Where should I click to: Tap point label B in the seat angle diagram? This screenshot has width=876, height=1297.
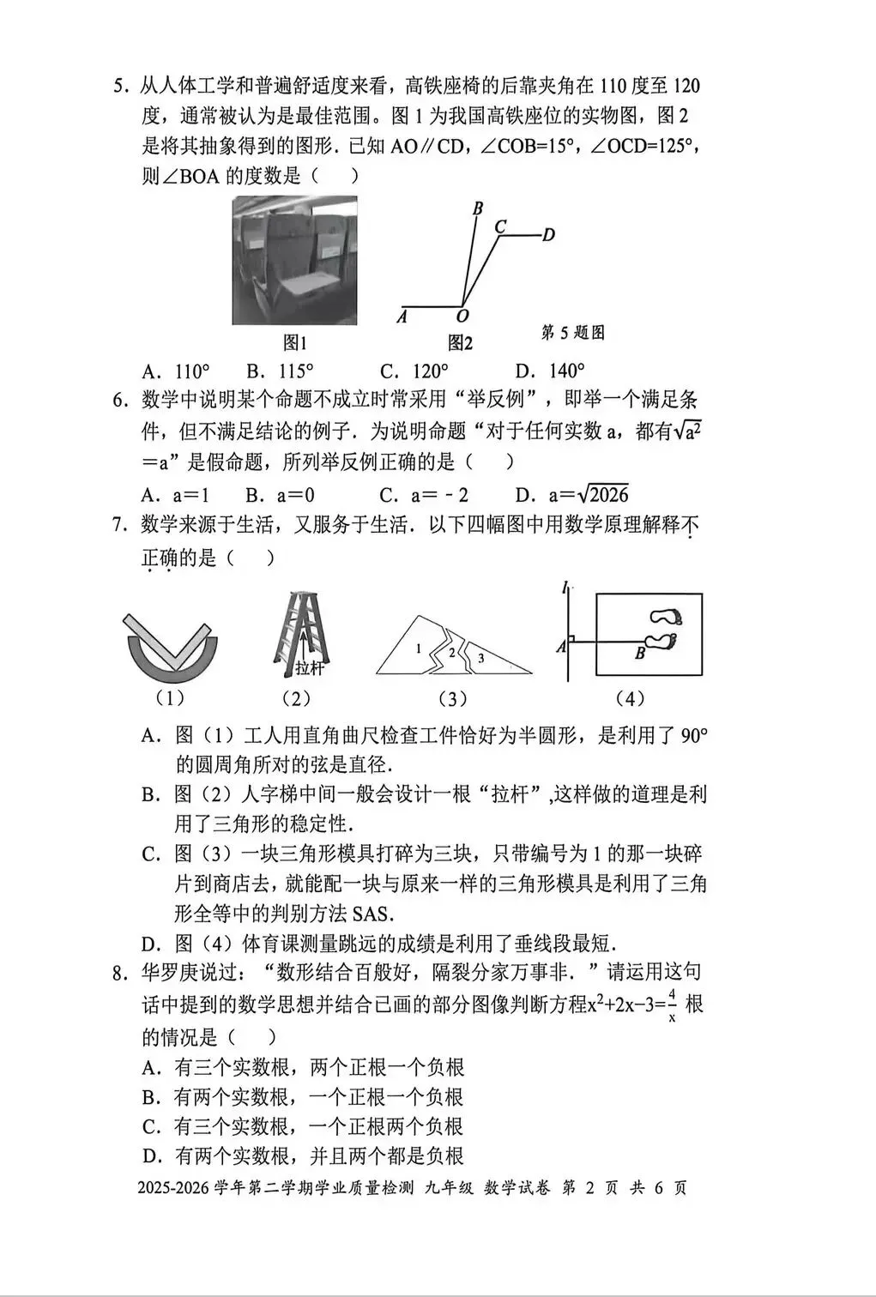coord(478,208)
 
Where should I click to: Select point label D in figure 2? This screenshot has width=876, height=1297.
coord(549,235)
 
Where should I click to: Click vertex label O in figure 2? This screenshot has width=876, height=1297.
coord(462,316)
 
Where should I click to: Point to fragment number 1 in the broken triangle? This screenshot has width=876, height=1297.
coord(418,648)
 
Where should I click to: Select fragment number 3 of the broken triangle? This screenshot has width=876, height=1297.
coord(480,658)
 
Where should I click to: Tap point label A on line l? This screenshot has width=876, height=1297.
coord(560,647)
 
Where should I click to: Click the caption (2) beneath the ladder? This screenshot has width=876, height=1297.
coord(296,699)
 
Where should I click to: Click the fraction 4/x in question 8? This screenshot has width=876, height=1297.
coord(672,1004)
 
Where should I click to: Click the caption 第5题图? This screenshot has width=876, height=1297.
coord(573,333)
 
